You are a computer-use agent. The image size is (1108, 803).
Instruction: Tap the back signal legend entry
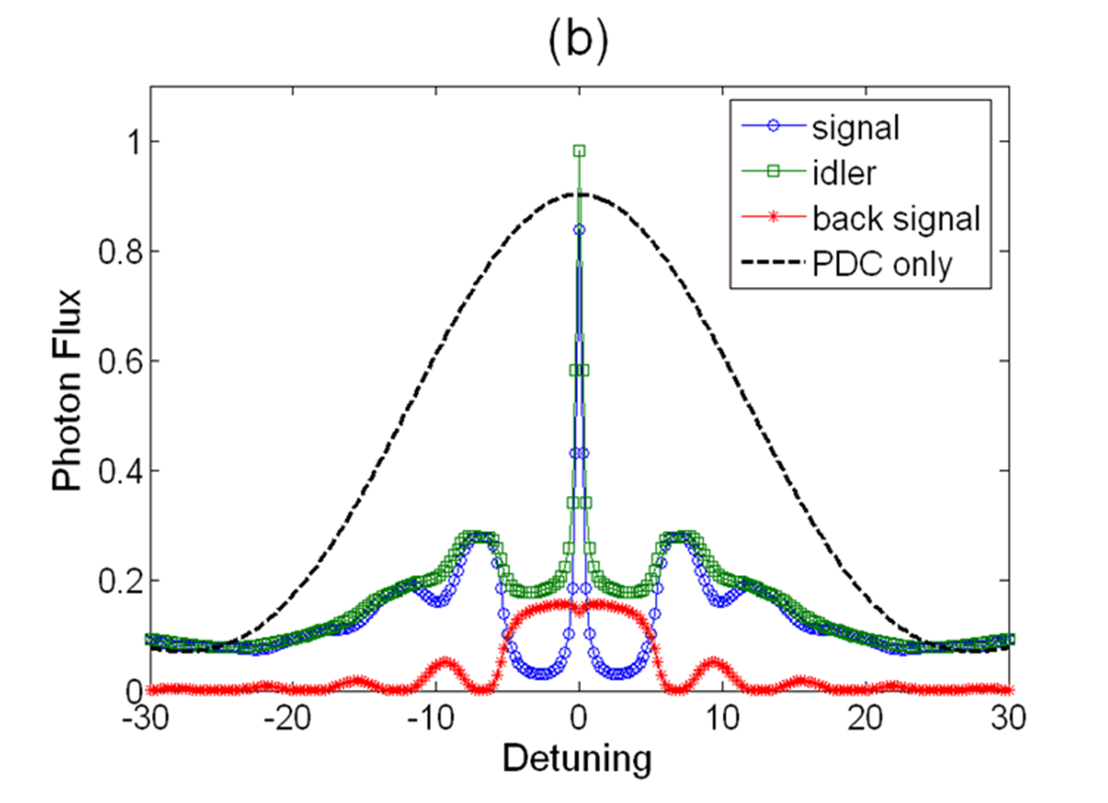(894, 218)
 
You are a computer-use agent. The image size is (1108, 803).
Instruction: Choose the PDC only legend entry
(881, 265)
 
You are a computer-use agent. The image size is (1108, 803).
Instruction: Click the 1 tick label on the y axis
(123, 141)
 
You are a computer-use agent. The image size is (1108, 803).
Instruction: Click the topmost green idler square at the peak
(580, 151)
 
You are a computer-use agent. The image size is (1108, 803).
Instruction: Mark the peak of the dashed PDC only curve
(580, 194)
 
